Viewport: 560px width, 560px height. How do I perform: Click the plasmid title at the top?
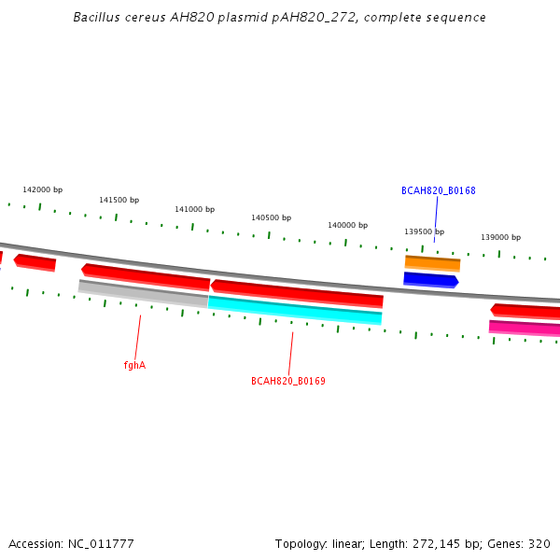coord(279,18)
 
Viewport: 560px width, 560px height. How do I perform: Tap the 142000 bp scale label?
coord(43,189)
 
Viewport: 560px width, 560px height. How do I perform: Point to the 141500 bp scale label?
coord(119,200)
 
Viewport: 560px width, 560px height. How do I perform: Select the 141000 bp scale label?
coord(195,209)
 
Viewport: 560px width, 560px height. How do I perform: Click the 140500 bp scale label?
coord(271,217)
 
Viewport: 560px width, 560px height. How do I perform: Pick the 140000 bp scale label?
coord(348,225)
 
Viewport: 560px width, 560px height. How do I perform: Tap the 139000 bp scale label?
coord(500,237)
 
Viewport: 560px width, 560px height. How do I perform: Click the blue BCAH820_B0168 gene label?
coord(439,190)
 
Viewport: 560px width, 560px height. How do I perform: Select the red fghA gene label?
coord(134,365)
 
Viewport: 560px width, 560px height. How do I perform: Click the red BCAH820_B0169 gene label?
coord(288,381)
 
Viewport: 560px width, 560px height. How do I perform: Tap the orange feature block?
coord(432,263)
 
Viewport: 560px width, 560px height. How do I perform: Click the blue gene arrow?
coord(431,280)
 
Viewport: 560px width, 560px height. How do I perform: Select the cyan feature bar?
coord(295,311)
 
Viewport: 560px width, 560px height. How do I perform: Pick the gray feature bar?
coord(143,294)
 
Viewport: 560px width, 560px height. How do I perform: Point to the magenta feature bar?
coord(525,329)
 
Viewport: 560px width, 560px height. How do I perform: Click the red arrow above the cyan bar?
coord(297,294)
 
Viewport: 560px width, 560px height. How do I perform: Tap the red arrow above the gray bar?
coord(146,277)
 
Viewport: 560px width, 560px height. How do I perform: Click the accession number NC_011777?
coord(101,544)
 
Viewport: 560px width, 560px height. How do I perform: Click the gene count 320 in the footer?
coord(539,544)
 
